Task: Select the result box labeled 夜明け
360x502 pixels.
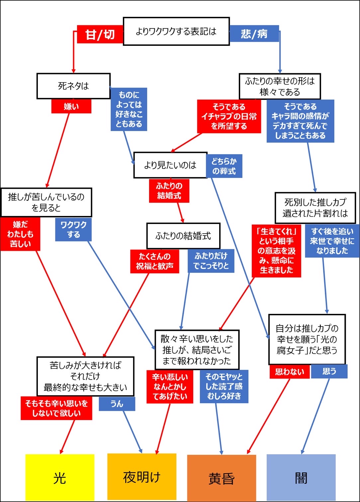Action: (142, 476)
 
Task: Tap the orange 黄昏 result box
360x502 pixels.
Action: (222, 478)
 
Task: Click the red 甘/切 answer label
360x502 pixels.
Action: (100, 34)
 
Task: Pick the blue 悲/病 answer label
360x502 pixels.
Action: (254, 34)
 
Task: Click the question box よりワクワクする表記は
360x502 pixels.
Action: (176, 31)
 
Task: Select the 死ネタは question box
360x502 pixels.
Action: (73, 86)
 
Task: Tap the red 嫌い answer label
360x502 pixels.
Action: (71, 107)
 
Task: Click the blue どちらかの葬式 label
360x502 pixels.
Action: (224, 166)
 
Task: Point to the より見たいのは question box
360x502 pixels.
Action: (170, 165)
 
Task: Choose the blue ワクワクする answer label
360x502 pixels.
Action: (73, 229)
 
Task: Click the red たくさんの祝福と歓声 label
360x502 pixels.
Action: (154, 261)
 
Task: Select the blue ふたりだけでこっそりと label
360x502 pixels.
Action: (211, 261)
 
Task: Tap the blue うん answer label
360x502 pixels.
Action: (117, 404)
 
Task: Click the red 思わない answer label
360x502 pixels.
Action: (290, 372)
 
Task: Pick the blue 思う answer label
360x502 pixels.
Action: (329, 371)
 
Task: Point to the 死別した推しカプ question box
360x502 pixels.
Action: (315, 208)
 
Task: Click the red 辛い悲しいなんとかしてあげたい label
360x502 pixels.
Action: (170, 387)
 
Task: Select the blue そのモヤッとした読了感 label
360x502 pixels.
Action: (224, 387)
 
